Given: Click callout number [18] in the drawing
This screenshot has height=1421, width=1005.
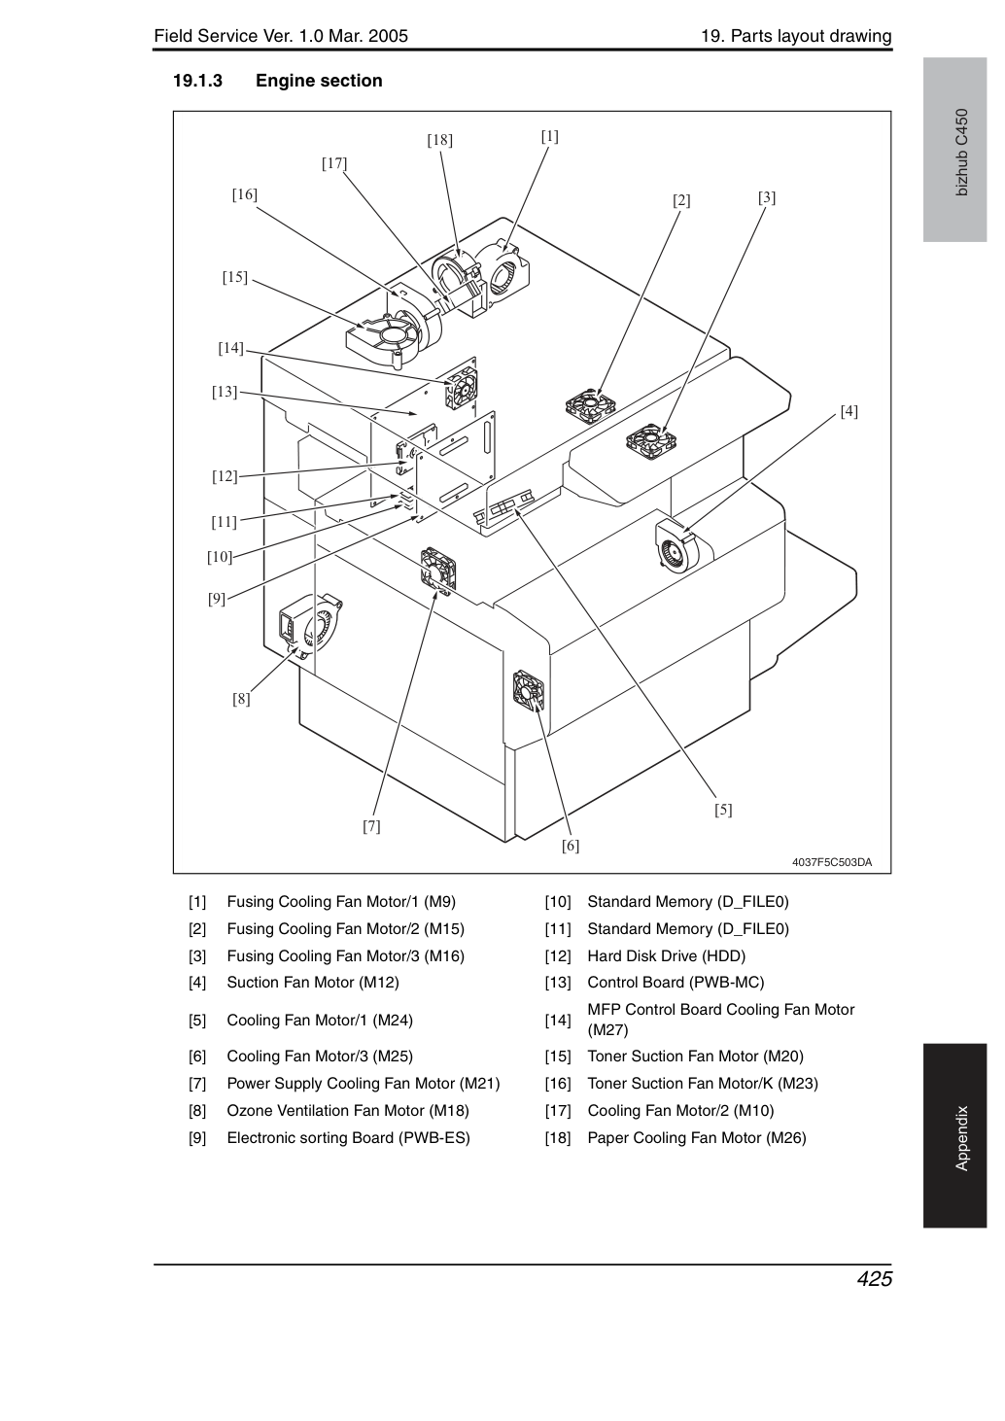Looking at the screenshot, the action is [x=439, y=140].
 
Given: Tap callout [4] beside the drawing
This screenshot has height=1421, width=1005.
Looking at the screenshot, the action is [x=849, y=411].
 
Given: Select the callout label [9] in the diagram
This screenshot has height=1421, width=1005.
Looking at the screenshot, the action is [x=217, y=598].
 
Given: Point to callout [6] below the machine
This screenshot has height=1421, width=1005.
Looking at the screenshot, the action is [x=570, y=846].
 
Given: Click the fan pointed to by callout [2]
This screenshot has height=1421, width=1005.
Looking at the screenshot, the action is [x=591, y=406].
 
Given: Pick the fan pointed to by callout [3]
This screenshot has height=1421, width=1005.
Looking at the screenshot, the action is [x=651, y=440].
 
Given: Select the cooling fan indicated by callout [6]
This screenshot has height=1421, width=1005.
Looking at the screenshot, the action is [x=528, y=691].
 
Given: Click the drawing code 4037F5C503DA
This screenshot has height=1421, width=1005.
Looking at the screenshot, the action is [x=832, y=862].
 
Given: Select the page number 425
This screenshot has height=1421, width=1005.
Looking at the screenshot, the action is [x=875, y=1278].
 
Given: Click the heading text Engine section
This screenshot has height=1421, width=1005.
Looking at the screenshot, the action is [x=319, y=81].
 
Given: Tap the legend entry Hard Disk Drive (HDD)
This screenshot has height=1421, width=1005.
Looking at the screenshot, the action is [x=666, y=955].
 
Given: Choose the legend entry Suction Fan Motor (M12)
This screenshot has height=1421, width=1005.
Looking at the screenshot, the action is [x=313, y=982].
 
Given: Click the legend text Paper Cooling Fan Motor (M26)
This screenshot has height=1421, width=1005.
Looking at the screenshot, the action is [x=697, y=1137].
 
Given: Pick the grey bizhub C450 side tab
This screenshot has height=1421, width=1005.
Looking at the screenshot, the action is [x=954, y=150].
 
